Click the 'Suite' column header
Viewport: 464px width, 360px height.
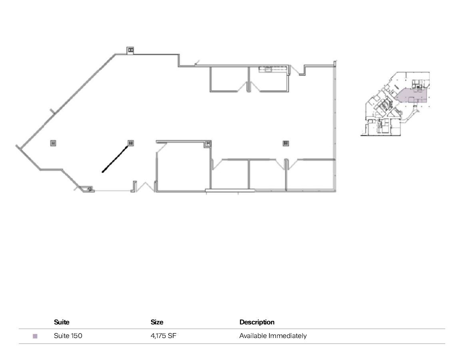62,322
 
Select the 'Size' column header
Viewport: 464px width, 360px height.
157,322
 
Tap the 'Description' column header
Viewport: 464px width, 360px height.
257,322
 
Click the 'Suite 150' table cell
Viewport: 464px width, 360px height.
68,336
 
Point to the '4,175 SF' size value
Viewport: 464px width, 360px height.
163,336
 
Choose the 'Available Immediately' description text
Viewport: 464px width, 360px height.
273,336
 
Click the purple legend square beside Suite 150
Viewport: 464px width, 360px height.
35,336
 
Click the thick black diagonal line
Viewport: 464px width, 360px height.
116,159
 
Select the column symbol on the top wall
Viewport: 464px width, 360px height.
131,50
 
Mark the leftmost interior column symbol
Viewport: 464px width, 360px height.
53,143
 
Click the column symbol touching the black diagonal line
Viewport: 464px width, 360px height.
130,143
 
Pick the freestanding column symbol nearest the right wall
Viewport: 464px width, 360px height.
286,143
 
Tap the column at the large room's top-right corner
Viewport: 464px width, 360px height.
208,144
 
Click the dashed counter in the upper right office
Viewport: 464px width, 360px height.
273,70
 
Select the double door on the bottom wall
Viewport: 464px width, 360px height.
145,187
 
